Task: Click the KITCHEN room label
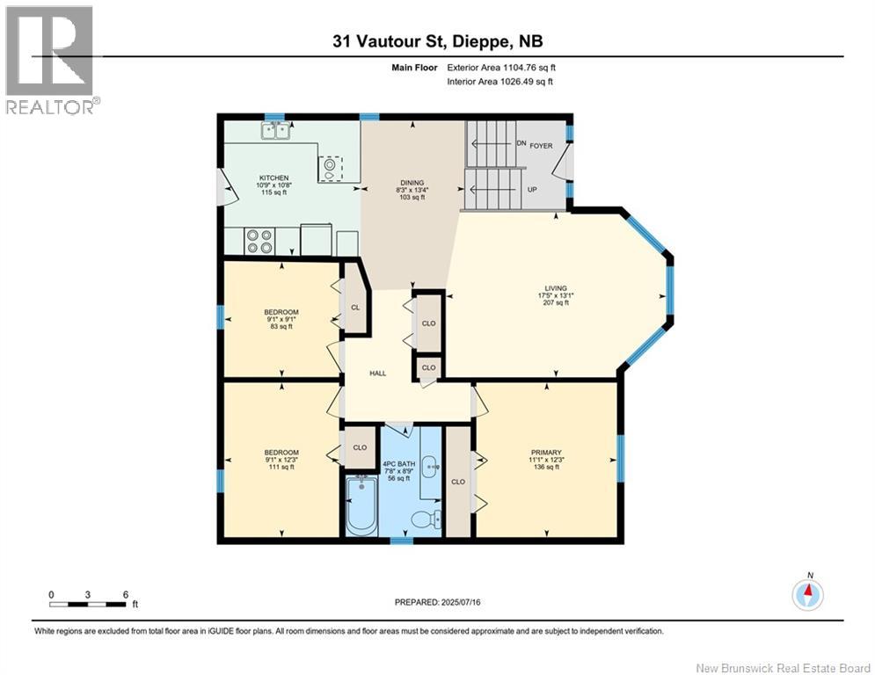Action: click(x=273, y=178)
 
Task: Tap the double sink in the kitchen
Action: click(x=274, y=131)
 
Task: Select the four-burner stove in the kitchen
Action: click(x=259, y=242)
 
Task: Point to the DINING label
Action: click(x=412, y=183)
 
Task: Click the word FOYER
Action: click(x=541, y=146)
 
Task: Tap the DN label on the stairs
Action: click(x=521, y=143)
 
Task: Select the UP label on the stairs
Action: click(x=532, y=190)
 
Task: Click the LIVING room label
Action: click(x=556, y=288)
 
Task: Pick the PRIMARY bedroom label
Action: click(x=546, y=453)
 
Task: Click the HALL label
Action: click(x=378, y=374)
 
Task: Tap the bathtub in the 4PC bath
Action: click(x=361, y=504)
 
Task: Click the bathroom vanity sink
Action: click(x=430, y=464)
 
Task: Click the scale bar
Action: click(x=87, y=604)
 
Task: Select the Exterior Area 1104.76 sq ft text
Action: click(x=501, y=68)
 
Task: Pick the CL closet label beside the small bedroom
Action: click(x=355, y=308)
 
